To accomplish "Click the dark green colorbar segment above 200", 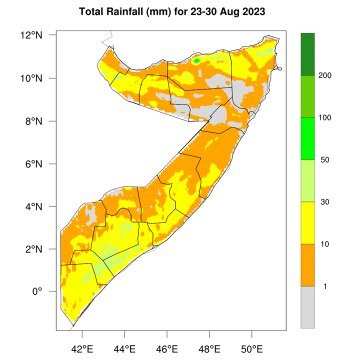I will tap(307, 54).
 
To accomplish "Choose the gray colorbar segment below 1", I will tap(307, 307).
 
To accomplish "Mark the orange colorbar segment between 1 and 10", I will tap(307, 265).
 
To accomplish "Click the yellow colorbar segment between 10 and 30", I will tap(307, 223).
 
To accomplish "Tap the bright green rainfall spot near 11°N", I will tap(197, 60).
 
